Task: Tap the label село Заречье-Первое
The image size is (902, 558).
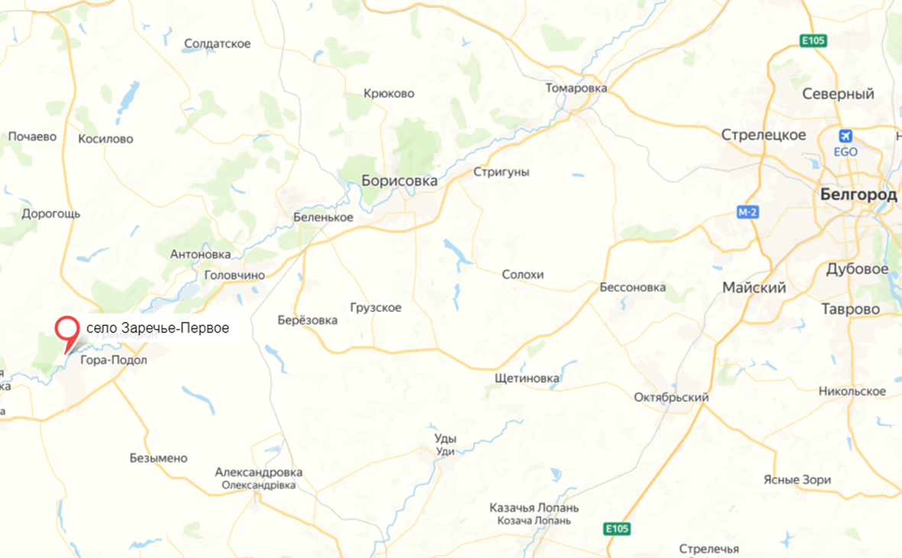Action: click(x=157, y=328)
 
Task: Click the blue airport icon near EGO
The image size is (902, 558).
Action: click(x=845, y=136)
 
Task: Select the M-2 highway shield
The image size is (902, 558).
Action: click(x=748, y=212)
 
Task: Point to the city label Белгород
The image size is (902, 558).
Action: click(x=858, y=195)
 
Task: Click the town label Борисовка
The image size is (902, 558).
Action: click(x=399, y=181)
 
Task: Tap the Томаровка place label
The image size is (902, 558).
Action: click(x=576, y=88)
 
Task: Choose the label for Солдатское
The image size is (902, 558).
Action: click(x=218, y=44)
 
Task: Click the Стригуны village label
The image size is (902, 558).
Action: click(x=501, y=172)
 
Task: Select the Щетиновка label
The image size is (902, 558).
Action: click(x=527, y=378)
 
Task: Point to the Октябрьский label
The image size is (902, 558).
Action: click(x=671, y=397)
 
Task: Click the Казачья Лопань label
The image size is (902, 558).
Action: click(x=534, y=508)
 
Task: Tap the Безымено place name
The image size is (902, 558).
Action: click(x=158, y=458)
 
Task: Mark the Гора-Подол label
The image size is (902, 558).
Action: click(x=113, y=360)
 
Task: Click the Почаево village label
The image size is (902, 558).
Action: click(x=32, y=136)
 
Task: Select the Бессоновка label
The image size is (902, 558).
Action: click(x=632, y=287)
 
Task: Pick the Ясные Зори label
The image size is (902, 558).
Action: click(x=797, y=480)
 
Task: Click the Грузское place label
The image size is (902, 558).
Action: click(x=375, y=307)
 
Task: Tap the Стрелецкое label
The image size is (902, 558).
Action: click(x=764, y=135)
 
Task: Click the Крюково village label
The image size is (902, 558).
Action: click(x=389, y=93)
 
